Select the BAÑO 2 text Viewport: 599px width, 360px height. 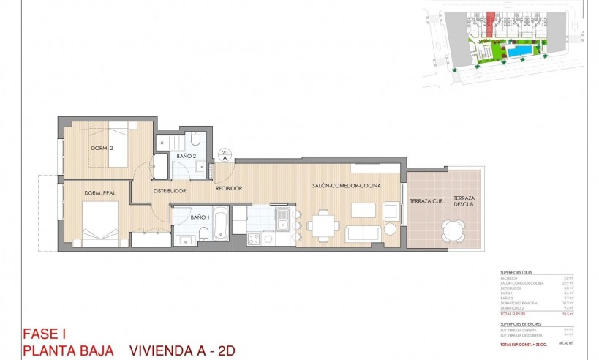185,156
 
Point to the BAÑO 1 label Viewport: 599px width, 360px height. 200,217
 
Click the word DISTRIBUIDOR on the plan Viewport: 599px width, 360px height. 169,190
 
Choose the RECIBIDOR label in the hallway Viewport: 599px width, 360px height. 228,188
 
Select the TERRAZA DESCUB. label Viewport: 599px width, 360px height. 464,200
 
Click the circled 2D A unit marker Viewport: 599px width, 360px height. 225,154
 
